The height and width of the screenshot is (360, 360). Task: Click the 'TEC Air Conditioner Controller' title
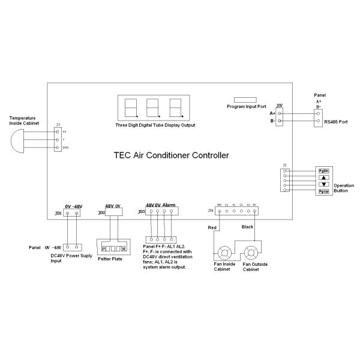(x=171, y=154)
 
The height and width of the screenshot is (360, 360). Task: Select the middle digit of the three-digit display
(x=152, y=109)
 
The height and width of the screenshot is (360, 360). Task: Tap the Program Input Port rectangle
(x=246, y=98)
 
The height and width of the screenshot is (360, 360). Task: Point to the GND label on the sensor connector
(x=65, y=147)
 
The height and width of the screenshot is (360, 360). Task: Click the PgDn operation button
(x=323, y=170)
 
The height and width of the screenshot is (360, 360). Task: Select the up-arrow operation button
(x=323, y=178)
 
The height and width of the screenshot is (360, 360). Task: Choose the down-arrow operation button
(x=323, y=184)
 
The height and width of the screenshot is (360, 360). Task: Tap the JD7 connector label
(x=280, y=106)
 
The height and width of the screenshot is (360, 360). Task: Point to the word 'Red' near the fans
(x=211, y=228)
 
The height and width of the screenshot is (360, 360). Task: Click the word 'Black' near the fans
(x=247, y=227)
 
